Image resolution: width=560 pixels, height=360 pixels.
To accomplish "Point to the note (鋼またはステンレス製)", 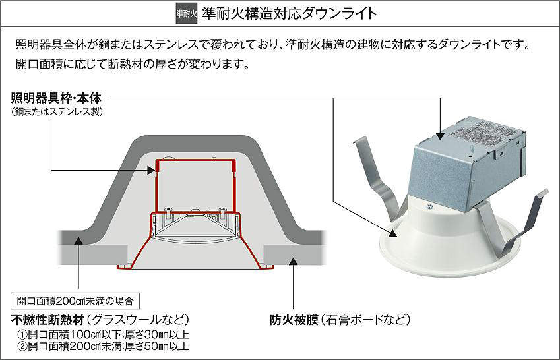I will (57, 112).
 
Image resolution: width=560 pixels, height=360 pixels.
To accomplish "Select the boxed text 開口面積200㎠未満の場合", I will (75, 301).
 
